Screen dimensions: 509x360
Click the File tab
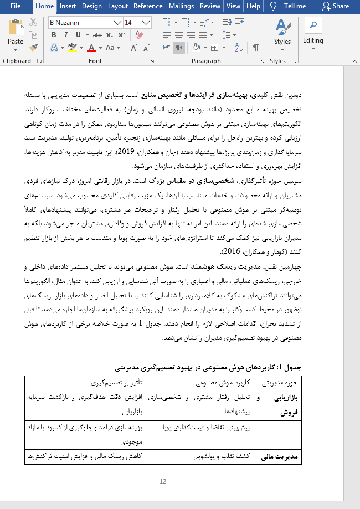pyautogui.click(x=15, y=6)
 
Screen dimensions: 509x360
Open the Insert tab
pyautogui.click(x=68, y=6)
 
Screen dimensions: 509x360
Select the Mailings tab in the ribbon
pyautogui.click(x=181, y=6)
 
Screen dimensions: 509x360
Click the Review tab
pyautogui.click(x=210, y=6)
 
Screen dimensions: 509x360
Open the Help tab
pyautogui.click(x=253, y=6)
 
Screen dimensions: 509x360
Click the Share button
pyautogui.click(x=336, y=6)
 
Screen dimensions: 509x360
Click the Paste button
pyautogui.click(x=16, y=33)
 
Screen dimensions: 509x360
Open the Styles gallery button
pyautogui.click(x=282, y=33)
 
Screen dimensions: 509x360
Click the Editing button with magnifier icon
pyautogui.click(x=313, y=33)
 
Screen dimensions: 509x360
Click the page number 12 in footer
pyautogui.click(x=163, y=482)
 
